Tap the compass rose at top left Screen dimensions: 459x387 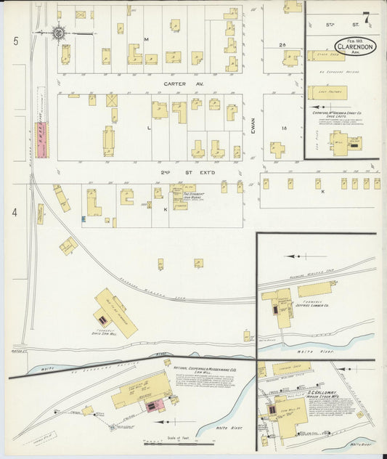coord(57,33)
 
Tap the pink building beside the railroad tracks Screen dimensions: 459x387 coord(41,139)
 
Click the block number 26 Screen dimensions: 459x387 coord(282,45)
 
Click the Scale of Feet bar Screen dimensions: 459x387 coord(179,442)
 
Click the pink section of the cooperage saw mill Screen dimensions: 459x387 coord(153,406)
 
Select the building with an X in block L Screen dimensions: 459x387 coord(112,100)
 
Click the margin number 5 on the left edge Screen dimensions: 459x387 coord(15,41)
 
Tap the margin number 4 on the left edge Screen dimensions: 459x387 coord(15,213)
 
